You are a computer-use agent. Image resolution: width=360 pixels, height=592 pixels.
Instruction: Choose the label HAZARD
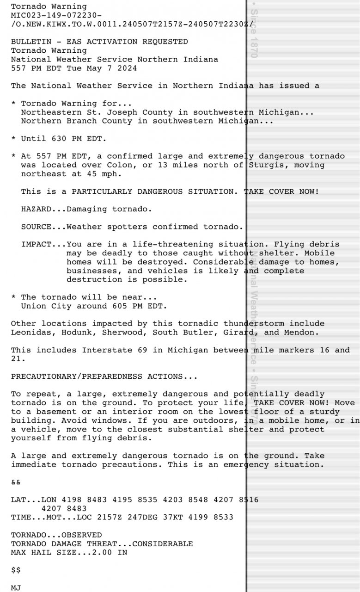(36, 209)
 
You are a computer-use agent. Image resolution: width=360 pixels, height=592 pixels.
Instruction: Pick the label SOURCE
(36, 227)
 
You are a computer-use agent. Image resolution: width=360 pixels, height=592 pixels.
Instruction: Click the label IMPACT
(36, 244)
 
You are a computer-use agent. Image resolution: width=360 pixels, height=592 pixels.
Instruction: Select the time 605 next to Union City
(119, 306)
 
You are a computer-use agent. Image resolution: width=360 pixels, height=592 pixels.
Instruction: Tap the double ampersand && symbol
(16, 482)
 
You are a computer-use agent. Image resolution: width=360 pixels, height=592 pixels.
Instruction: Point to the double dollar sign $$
(16, 570)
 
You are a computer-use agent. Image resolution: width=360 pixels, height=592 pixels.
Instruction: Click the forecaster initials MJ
(16, 588)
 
